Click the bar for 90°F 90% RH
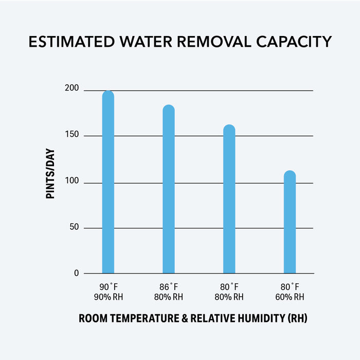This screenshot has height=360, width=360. (108, 183)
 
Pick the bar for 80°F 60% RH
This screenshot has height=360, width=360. (290, 222)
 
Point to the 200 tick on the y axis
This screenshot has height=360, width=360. (72, 89)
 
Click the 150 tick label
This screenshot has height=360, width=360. (72, 135)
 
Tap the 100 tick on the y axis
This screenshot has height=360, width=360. (72, 182)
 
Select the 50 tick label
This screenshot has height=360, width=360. (74, 227)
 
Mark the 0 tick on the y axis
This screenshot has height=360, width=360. (76, 273)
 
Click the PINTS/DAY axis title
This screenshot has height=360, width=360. (50, 174)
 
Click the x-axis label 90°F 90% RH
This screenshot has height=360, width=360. (108, 292)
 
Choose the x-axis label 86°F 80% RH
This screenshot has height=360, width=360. (169, 292)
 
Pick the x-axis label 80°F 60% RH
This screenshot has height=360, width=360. (290, 292)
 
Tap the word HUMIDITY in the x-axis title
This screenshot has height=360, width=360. (255, 319)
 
